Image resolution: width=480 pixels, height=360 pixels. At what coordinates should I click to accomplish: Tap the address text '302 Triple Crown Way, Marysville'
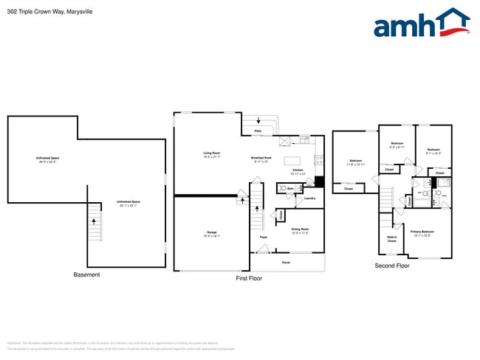44,12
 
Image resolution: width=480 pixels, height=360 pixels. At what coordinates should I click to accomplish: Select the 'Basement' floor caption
86,274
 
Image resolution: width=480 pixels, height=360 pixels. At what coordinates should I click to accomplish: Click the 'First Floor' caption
249,278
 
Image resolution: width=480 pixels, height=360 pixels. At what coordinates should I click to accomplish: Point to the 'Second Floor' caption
392,266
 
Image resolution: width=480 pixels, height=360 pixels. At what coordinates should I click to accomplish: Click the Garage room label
212,234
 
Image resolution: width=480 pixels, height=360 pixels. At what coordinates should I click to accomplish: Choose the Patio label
258,131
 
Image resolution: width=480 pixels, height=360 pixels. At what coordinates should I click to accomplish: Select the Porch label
286,262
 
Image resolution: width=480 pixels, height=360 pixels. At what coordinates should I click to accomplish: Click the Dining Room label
300,230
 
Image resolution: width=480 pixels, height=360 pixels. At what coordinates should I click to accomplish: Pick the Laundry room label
309,198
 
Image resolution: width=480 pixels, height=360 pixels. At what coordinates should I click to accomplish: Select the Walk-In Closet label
391,239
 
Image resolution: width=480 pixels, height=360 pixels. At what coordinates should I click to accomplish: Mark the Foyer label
262,237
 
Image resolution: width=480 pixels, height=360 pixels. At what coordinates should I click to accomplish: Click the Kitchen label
298,171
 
